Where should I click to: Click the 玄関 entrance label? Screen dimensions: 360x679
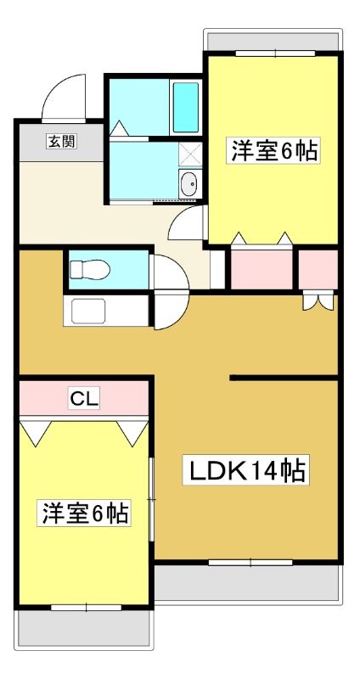point(62,141)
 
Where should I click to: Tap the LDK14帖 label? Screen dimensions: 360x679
point(245,470)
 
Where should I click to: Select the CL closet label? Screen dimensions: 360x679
point(84,399)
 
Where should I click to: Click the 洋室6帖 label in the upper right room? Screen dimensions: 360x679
point(273,150)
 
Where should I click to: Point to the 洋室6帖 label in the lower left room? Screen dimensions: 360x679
point(83,513)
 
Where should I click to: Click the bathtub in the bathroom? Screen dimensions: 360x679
point(186,108)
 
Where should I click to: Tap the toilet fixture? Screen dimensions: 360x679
point(90,269)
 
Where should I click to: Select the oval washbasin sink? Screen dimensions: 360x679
point(189,185)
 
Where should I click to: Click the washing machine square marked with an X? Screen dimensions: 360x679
point(191,154)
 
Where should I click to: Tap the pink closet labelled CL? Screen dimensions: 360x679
point(84,398)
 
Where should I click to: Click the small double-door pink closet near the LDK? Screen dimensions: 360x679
point(318,269)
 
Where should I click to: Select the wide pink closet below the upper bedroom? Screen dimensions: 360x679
point(262,269)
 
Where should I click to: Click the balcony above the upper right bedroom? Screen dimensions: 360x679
point(273,41)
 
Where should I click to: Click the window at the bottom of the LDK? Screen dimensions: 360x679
point(250,563)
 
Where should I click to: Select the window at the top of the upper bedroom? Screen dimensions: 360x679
point(276,53)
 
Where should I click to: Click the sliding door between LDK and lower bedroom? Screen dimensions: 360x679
point(151,499)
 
